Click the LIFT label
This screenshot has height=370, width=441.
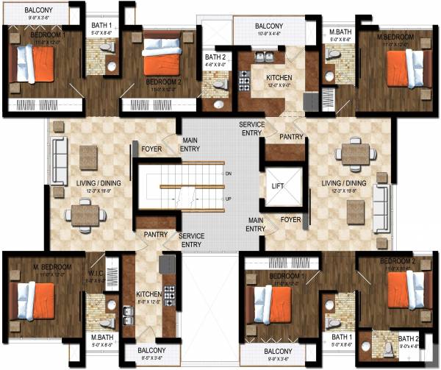(x=277, y=186)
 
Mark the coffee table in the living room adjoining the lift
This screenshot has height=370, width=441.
(x=355, y=211)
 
